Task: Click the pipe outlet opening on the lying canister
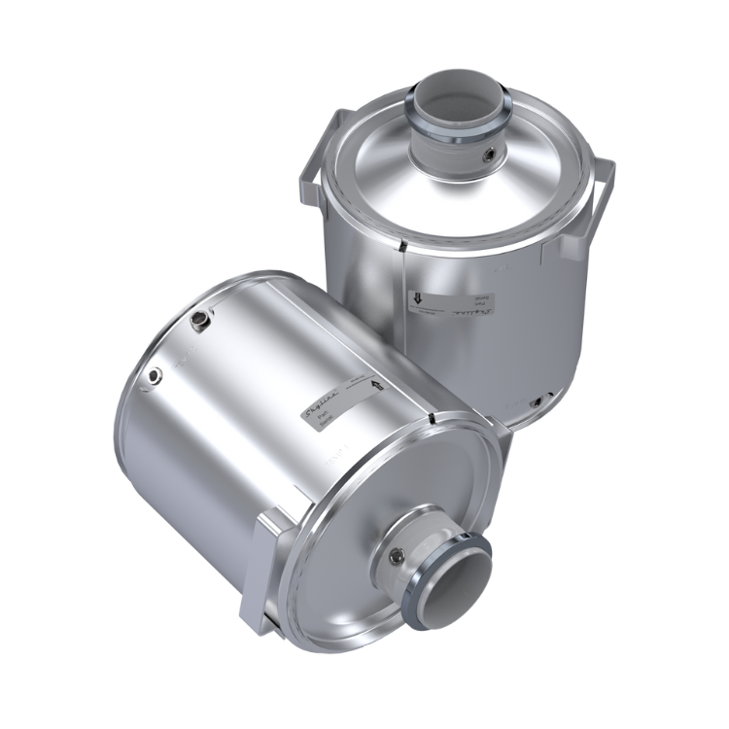(453, 587)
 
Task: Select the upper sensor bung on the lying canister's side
(200, 319)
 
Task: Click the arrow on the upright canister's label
(415, 301)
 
